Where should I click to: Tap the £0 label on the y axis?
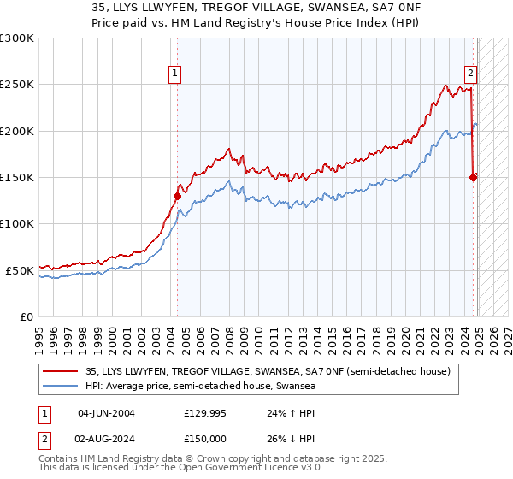click(26, 316)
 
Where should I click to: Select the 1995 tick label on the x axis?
click(39, 334)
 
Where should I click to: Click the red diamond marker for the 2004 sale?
click(177, 196)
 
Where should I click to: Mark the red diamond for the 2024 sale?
click(473, 177)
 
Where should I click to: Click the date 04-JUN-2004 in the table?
click(106, 412)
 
